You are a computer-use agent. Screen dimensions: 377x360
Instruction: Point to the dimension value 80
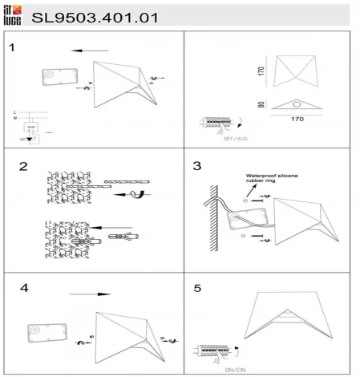(x=262, y=104)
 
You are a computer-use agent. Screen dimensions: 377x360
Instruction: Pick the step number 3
(x=197, y=167)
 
